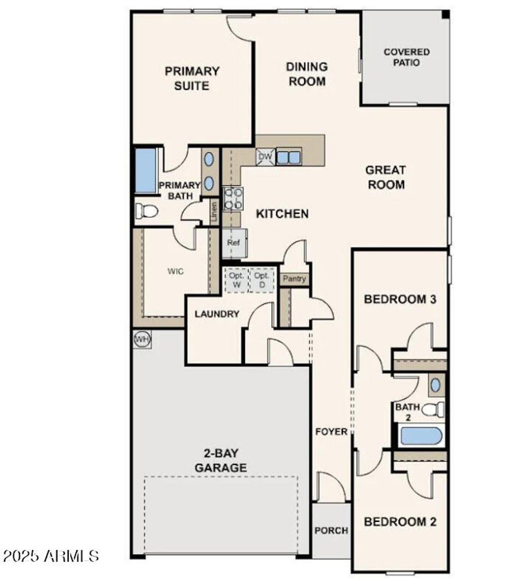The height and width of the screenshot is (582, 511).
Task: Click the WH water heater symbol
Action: click(142, 340)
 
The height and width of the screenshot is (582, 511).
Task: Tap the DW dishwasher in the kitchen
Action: click(265, 158)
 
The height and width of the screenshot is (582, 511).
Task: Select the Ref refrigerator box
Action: click(234, 243)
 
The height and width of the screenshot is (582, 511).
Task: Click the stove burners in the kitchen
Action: click(233, 198)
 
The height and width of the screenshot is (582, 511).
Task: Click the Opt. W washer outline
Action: click(236, 280)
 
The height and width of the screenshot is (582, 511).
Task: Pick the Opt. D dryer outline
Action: click(261, 280)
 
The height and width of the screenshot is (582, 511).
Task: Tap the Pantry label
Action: click(294, 279)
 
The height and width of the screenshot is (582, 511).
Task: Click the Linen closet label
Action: click(214, 212)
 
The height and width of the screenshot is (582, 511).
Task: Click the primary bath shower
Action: click(146, 171)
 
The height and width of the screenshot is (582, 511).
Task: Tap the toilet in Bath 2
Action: click(433, 410)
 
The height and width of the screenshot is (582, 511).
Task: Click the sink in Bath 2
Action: click(436, 385)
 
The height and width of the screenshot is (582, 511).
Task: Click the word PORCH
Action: click(331, 531)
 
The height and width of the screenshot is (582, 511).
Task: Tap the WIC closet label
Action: click(175, 271)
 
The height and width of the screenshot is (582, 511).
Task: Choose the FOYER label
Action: click(331, 431)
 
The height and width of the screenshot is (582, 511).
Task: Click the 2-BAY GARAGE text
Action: click(221, 461)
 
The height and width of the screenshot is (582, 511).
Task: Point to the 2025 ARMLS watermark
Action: click(51, 556)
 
